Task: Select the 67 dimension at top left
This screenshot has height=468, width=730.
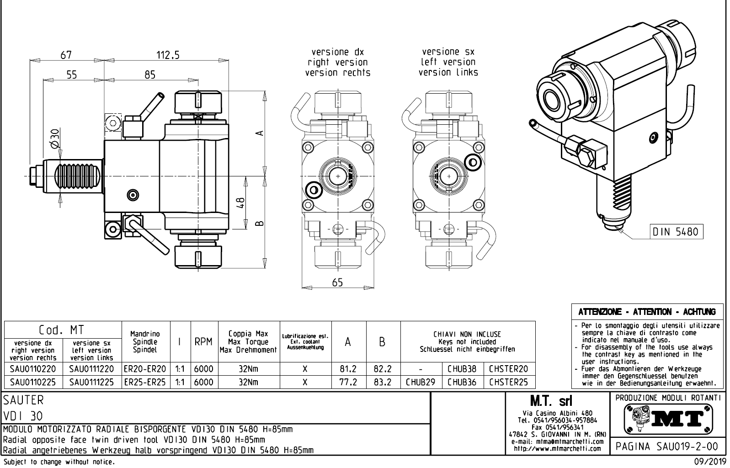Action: click(67, 55)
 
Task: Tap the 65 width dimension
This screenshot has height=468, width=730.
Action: click(337, 282)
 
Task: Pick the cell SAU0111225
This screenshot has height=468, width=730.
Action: click(91, 382)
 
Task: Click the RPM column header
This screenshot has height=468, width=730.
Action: click(203, 342)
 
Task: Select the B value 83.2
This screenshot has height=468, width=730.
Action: click(383, 382)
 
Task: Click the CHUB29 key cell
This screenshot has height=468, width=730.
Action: click(421, 382)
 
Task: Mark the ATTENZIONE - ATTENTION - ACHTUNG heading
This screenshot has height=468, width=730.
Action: click(647, 312)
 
